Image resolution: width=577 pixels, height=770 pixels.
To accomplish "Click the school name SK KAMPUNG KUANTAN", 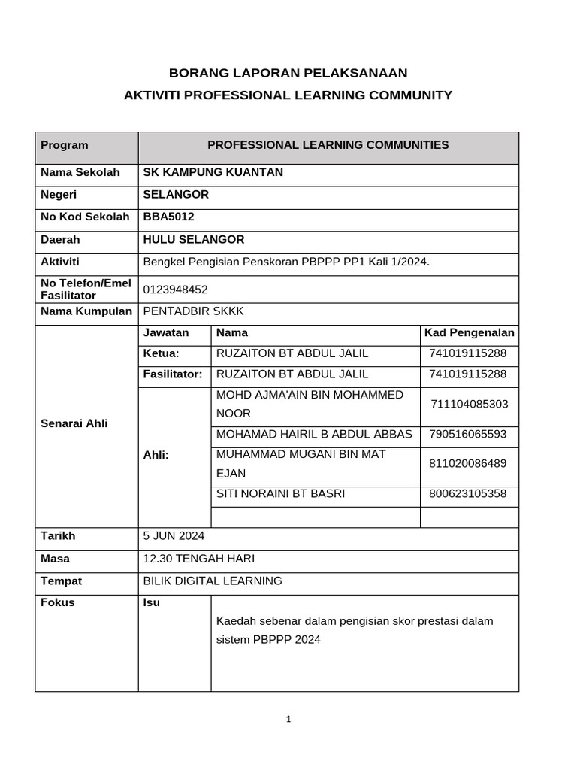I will coord(213,172).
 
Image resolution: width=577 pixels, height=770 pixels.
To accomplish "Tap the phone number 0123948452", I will coord(175,290).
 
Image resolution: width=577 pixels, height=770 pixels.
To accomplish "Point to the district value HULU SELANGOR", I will coord(193,240).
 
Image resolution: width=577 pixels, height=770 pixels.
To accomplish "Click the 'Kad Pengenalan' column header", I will coord(469,332).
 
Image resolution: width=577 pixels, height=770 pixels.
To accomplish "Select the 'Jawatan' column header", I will coord(166,332).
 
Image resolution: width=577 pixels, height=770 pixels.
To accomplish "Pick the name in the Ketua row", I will coord(292,353).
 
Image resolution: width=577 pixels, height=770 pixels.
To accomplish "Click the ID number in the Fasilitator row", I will coord(468,374).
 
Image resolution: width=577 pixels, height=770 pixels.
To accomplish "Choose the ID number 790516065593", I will coord(468,435).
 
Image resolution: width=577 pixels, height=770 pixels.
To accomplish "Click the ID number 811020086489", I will coord(468,463).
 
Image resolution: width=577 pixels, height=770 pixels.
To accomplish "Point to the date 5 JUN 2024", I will coord(174,536).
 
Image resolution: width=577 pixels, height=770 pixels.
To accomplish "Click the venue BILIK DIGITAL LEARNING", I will coord(213,581).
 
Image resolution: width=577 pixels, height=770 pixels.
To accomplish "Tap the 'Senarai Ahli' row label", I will coord(74,423).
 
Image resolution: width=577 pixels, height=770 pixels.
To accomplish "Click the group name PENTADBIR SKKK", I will coord(193,311).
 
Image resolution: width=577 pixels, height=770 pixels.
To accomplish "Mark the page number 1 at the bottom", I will coord(288,719).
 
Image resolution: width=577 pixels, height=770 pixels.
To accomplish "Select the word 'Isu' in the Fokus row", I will coord(151,603).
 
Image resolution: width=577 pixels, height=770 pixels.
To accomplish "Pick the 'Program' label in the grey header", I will coord(64,145).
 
